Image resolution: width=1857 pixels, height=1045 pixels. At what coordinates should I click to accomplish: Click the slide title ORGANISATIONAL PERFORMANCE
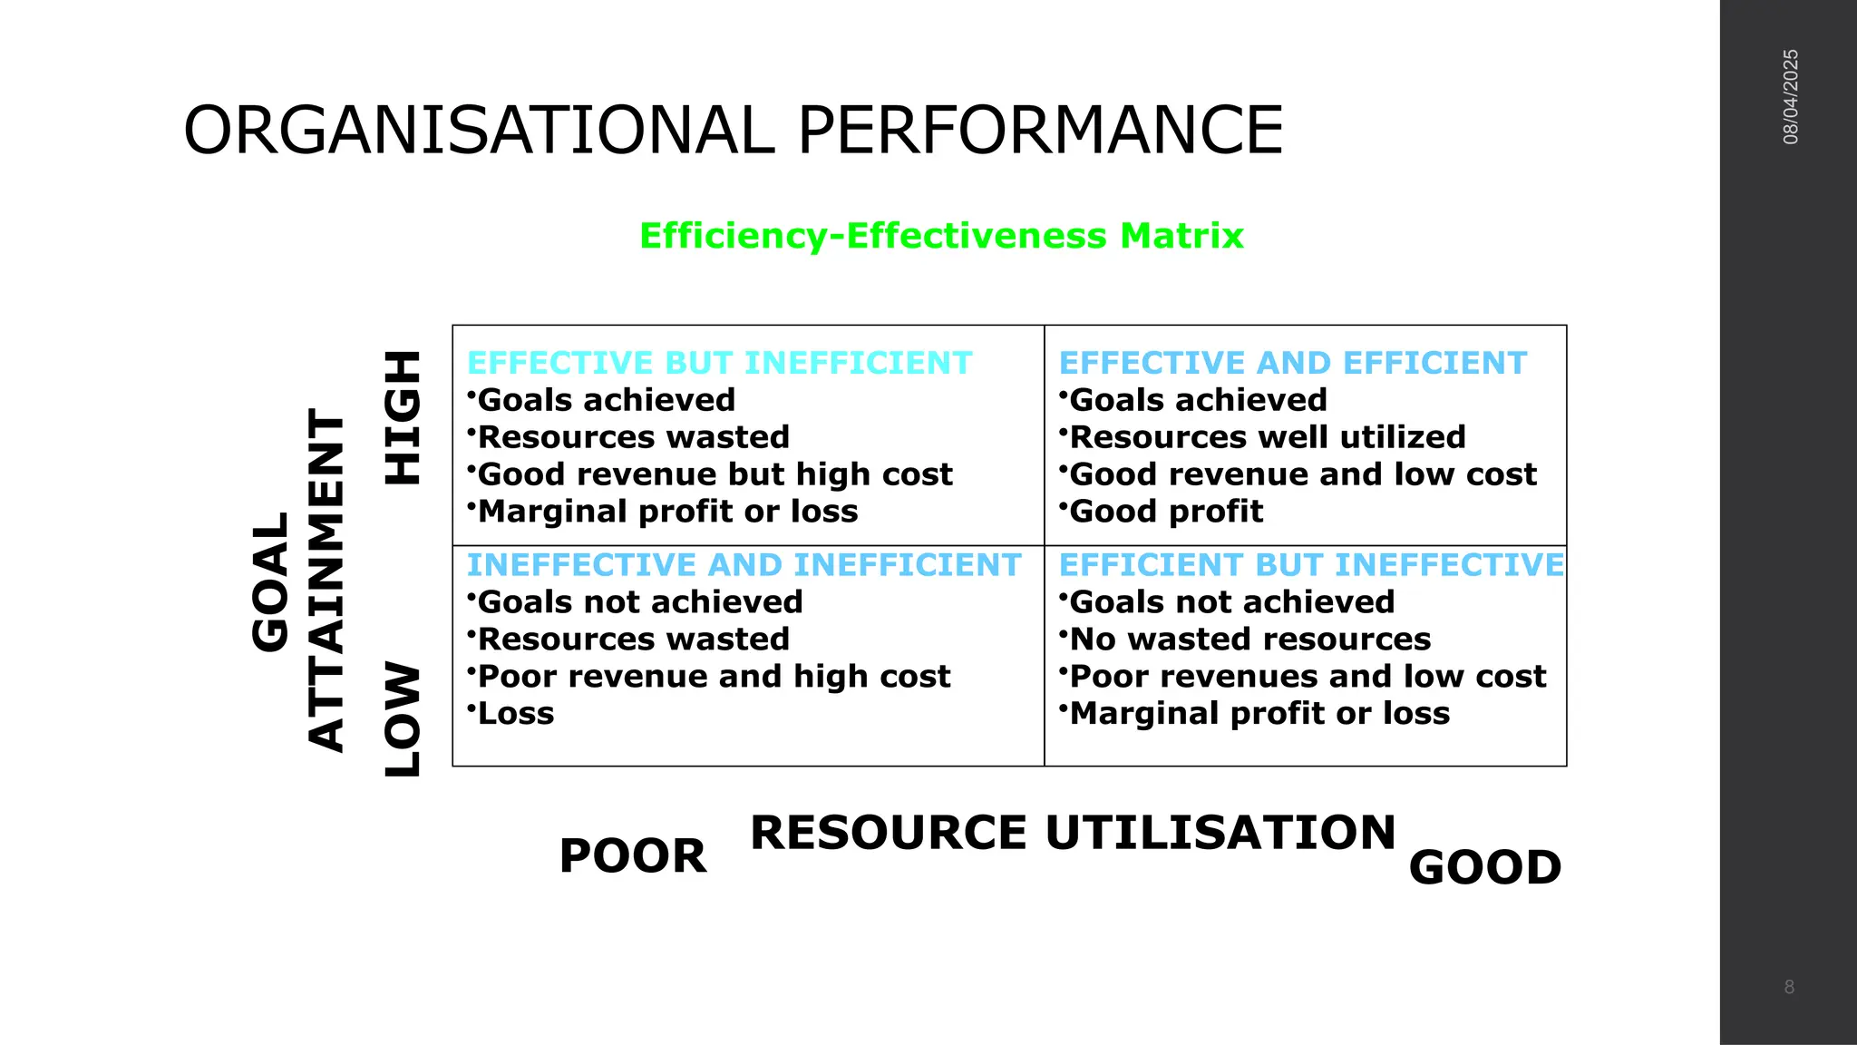733,131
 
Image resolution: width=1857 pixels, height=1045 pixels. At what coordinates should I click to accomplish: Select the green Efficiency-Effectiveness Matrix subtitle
941,236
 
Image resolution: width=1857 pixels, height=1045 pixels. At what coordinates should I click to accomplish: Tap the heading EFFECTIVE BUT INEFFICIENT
719,363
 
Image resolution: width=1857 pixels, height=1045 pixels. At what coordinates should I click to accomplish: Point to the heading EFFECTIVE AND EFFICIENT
1293,363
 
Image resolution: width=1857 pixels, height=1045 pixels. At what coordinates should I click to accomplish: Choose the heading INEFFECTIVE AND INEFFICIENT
744,565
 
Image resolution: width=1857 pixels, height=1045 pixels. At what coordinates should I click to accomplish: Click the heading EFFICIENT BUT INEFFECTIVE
1311,565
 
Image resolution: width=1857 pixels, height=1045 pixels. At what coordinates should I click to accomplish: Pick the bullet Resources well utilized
1267,437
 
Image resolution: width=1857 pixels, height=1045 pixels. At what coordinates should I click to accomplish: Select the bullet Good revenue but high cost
715,474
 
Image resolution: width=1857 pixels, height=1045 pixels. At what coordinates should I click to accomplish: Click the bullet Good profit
1166,512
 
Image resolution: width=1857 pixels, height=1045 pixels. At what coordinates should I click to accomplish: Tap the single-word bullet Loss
515,714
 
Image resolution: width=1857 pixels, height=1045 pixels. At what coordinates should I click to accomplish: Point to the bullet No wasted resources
1249,640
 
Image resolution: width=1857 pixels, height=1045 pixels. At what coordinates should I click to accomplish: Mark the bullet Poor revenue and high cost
714,677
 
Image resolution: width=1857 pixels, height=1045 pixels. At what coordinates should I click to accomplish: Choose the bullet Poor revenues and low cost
1308,677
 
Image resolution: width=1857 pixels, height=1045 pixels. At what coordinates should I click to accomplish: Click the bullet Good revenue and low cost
1303,474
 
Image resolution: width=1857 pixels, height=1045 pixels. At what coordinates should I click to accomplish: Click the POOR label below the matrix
633,856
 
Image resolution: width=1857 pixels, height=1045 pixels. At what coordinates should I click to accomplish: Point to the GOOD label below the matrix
1485,868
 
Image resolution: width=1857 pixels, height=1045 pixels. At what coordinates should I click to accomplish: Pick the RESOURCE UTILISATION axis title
1073,833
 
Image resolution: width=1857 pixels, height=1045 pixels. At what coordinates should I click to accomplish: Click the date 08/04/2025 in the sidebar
1791,97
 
